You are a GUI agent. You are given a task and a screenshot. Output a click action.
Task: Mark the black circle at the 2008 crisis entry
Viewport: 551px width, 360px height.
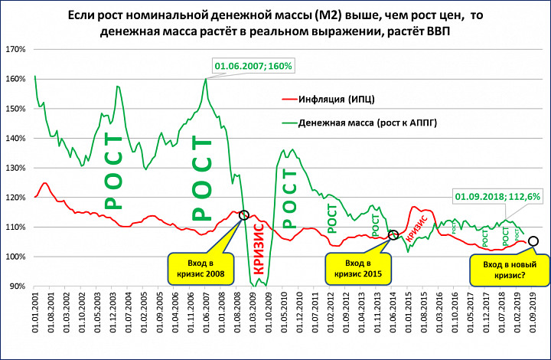[244, 215]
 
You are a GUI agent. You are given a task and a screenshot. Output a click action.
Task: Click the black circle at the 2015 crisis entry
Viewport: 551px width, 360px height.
[393, 235]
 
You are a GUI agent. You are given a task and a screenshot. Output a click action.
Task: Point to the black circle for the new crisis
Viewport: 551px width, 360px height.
[533, 241]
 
